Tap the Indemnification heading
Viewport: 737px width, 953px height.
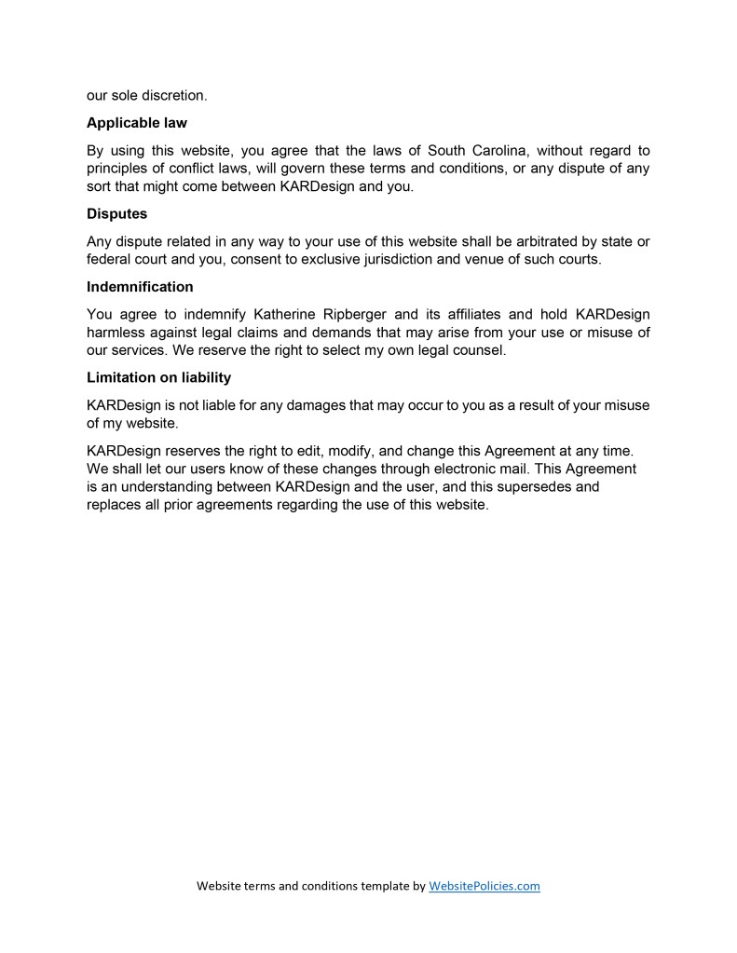(x=140, y=287)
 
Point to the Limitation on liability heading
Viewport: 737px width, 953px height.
(x=158, y=378)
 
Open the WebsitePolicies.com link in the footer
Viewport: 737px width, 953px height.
(x=485, y=886)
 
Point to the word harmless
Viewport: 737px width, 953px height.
(x=118, y=333)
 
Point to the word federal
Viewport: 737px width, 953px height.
(x=109, y=259)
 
